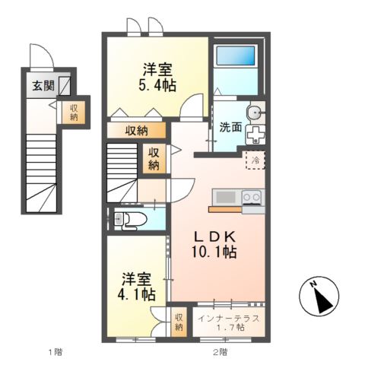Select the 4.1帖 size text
click(138, 293)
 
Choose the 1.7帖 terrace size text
click(228, 327)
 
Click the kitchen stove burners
click(251, 198)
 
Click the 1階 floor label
click(54, 351)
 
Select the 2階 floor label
click(219, 351)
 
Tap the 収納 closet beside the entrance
click(74, 112)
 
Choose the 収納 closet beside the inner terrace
click(179, 321)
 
